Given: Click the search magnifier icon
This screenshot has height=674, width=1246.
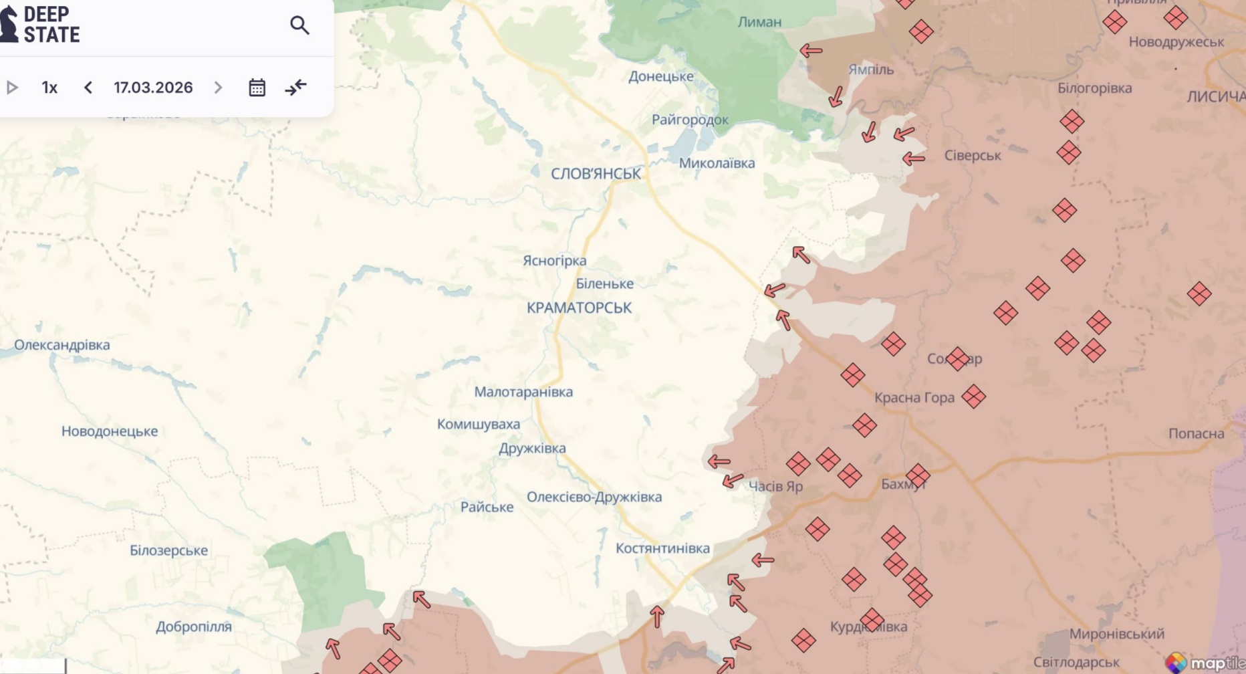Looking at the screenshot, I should tap(299, 25).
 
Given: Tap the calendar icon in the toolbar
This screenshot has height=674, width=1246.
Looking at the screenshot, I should tap(257, 88).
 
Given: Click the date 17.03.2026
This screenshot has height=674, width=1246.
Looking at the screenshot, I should tap(153, 88).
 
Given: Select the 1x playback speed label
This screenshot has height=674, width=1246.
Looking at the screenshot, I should tap(49, 88).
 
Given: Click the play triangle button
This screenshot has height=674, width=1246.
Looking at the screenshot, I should tap(12, 88).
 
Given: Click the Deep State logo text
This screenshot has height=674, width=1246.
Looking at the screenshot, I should tap(51, 25).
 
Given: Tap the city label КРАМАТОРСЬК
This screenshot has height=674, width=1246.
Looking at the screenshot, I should tap(579, 308).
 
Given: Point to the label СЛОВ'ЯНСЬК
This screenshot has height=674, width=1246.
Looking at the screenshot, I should tap(596, 174).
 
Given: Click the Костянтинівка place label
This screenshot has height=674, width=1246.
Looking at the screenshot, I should tap(662, 548).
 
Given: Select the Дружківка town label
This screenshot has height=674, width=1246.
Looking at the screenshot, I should tap(532, 448).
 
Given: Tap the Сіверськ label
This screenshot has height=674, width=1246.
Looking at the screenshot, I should tap(972, 155).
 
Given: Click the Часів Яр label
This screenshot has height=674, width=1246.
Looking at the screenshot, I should tap(775, 486).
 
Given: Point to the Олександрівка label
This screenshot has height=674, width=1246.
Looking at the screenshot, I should tap(62, 345).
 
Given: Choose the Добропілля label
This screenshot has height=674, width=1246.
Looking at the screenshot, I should tap(194, 627).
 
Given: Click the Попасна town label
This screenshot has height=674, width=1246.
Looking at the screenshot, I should tap(1196, 433).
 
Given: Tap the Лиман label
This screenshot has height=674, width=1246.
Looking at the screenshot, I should tap(759, 22).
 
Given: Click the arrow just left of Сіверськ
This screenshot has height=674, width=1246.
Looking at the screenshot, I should tap(913, 158).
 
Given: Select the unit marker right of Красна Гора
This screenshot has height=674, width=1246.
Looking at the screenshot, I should tap(973, 397).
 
